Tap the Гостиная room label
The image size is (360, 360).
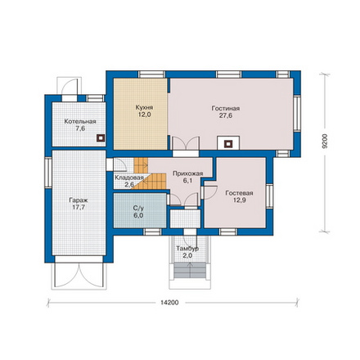(x=226, y=108)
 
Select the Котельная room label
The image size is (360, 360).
(x=80, y=121)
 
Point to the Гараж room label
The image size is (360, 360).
(x=79, y=200)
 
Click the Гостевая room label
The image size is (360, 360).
(x=239, y=193)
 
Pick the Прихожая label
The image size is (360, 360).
(x=188, y=173)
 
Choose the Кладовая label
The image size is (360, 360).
(x=129, y=178)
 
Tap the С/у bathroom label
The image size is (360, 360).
(x=138, y=209)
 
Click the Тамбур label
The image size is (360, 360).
(x=187, y=249)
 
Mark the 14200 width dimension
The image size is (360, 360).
(x=169, y=303)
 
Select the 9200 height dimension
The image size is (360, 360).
(x=325, y=141)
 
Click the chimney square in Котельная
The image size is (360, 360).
(x=101, y=138)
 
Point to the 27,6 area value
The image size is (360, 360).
(x=226, y=115)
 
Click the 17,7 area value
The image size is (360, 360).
(x=79, y=207)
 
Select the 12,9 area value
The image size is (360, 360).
(x=239, y=200)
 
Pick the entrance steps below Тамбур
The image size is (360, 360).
(x=190, y=270)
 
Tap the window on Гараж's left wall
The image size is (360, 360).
(x=48, y=173)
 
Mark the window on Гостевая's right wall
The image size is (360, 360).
(x=269, y=196)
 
